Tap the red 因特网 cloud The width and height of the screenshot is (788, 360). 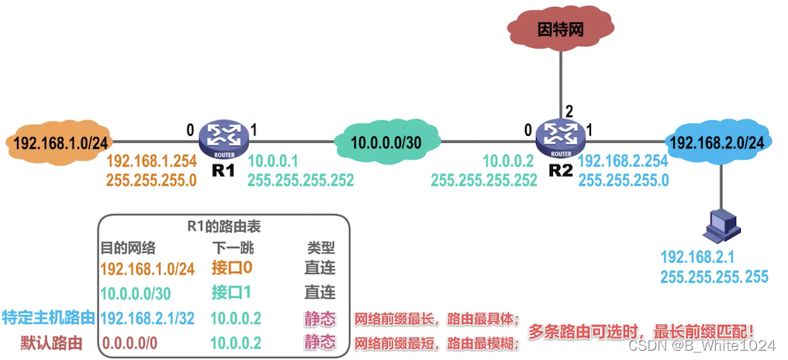coord(560,32)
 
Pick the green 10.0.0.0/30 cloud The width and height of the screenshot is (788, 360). coord(386,142)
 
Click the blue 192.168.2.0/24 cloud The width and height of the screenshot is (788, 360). coord(717,142)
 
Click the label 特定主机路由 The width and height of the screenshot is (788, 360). coord(48,317)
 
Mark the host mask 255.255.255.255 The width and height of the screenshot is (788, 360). coord(714,275)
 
